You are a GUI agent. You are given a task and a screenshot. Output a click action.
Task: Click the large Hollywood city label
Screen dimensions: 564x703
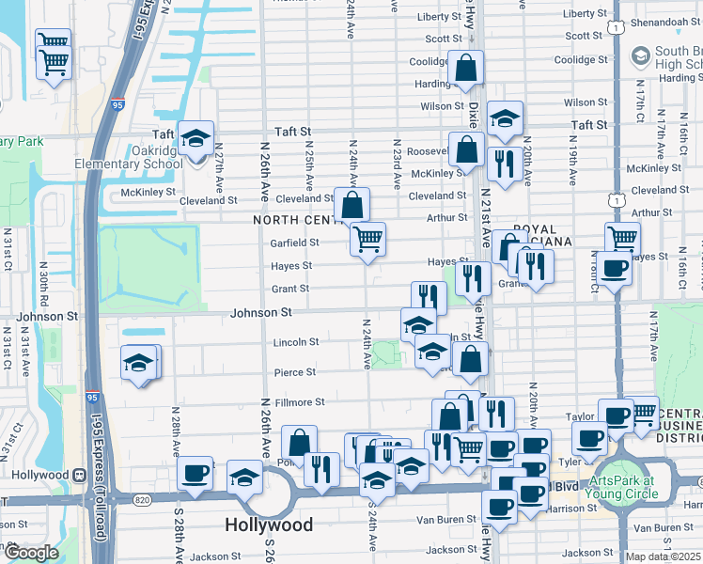269,524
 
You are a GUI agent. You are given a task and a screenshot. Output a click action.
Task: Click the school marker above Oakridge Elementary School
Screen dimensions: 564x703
196,140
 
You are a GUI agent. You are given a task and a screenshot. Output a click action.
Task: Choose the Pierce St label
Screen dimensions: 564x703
294,372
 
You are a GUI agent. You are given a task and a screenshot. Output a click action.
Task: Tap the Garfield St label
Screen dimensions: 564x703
295,242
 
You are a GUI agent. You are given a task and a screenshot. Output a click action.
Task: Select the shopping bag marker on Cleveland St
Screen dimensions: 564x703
351,205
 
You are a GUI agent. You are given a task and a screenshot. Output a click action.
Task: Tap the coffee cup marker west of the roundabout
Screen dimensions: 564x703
195,474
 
